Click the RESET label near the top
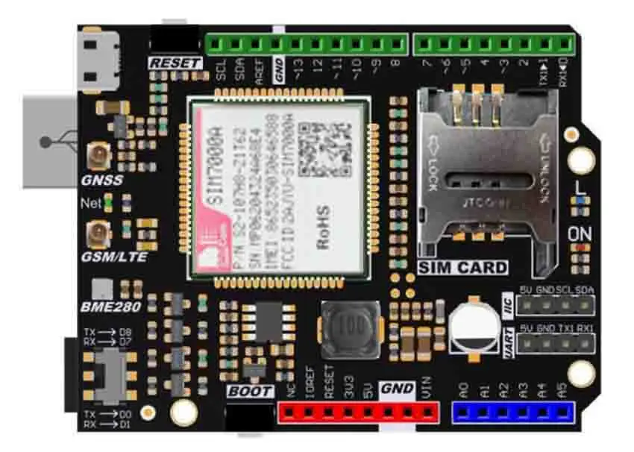pyautogui.click(x=176, y=63)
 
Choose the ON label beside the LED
pyautogui.click(x=579, y=233)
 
